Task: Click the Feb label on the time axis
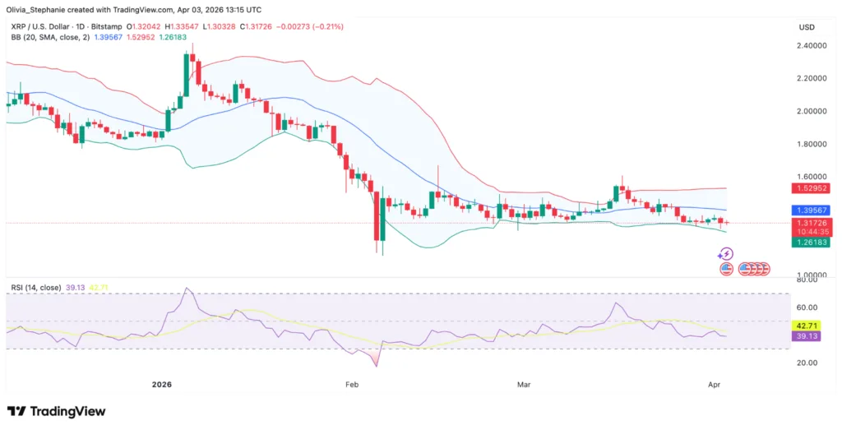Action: click(x=353, y=383)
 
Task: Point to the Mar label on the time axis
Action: click(x=523, y=383)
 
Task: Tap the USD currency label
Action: click(x=806, y=27)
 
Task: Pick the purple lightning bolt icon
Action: click(x=726, y=254)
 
